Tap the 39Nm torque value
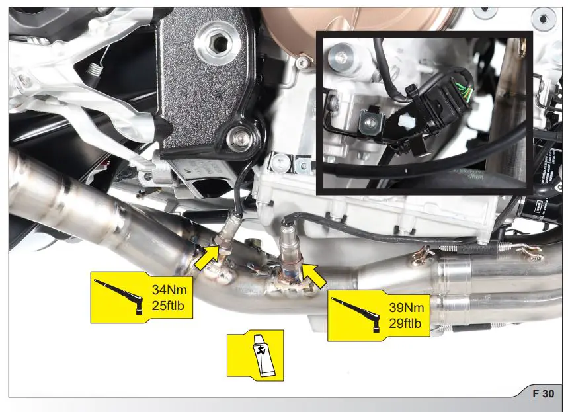point(405,308)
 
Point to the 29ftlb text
point(405,324)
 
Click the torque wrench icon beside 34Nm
point(120,296)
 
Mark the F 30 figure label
point(544,393)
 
